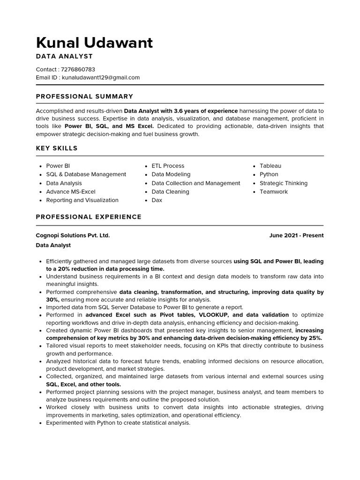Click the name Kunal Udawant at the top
[x=94, y=43]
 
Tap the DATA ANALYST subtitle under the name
[x=64, y=56]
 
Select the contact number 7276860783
[x=78, y=69]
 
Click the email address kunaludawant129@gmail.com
[x=101, y=77]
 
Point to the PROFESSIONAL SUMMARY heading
[x=84, y=97]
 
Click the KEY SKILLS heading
[x=57, y=149]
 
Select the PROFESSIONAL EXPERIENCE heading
[x=89, y=217]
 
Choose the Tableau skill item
[x=270, y=166]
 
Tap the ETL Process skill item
[x=168, y=166]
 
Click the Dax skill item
[x=157, y=200]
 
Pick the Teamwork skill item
[x=274, y=192]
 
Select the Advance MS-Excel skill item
[x=70, y=192]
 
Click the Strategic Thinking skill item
[x=284, y=183]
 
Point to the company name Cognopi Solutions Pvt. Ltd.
[x=73, y=235]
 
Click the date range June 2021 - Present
[x=296, y=235]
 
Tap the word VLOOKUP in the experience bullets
[x=214, y=315]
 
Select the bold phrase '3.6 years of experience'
[x=206, y=111]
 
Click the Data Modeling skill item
[x=171, y=174]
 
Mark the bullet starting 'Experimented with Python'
[x=118, y=423]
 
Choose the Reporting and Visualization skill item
[x=82, y=200]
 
